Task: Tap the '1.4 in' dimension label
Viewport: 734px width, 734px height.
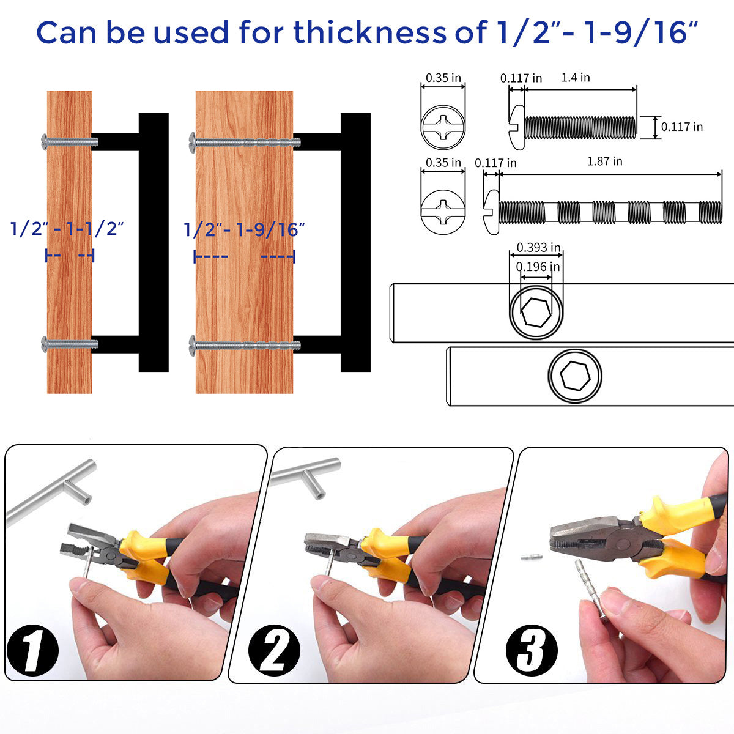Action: coord(576,78)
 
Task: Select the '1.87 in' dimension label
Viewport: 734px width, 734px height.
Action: coord(604,161)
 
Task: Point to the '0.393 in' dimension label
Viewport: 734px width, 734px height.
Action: coord(538,248)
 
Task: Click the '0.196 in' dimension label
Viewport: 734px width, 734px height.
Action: coord(538,267)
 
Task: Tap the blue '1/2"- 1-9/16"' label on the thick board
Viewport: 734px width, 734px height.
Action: coord(244,230)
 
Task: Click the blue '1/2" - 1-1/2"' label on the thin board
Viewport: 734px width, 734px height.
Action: coord(67,229)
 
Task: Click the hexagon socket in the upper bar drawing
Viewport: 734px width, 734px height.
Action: coord(536,313)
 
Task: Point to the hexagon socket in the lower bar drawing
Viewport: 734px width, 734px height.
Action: coord(575,376)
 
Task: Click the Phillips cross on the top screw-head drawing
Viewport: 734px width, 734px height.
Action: coord(443,127)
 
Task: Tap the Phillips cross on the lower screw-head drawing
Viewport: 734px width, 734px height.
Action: coord(443,212)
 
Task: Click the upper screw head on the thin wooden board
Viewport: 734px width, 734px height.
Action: coord(44,142)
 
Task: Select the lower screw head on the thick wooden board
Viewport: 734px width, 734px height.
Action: coord(192,346)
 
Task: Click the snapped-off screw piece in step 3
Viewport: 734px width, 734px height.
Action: coord(531,557)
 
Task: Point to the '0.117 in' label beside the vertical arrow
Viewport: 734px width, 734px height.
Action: coord(682,127)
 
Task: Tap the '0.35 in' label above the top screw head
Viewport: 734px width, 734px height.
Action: coord(443,78)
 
